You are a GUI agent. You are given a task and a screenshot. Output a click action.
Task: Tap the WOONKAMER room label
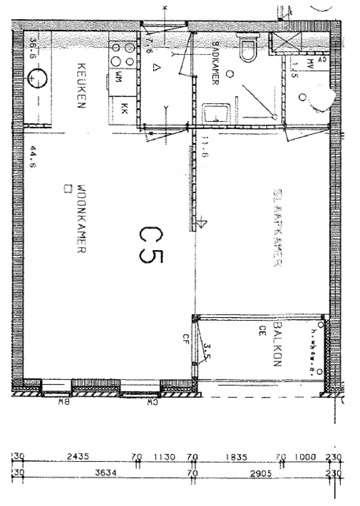pos(81,218)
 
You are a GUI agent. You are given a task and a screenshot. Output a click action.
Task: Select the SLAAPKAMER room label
pos(277,229)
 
